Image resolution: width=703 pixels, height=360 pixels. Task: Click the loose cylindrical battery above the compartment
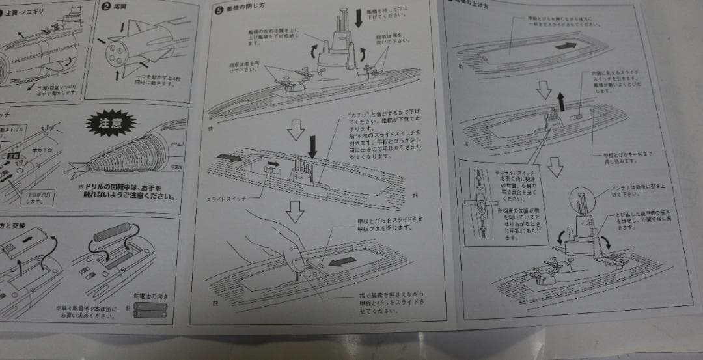(x=112, y=232)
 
